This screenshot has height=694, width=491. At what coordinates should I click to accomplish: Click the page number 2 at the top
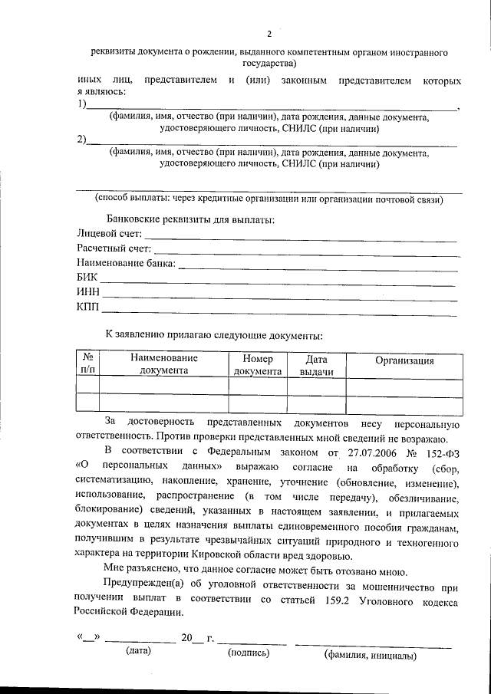point(269,34)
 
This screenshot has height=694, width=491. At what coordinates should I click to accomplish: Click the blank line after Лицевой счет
point(301,241)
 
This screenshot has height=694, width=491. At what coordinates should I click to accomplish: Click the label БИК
point(87,279)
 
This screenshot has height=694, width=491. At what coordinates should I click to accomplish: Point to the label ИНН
point(88,294)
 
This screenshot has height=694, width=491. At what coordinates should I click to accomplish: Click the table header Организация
point(404,361)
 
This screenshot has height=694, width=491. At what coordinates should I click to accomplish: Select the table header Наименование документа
point(163,364)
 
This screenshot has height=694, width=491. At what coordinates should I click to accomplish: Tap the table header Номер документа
point(257,364)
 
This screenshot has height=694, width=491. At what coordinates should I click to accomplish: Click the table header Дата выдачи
point(316,364)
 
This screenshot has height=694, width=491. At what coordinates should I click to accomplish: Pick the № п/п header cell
point(88,364)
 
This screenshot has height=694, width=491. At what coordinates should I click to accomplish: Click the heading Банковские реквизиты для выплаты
point(190,219)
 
